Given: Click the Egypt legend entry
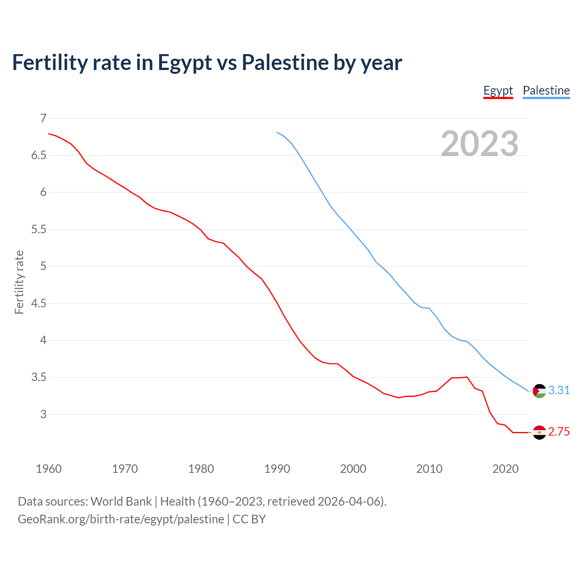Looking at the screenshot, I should [498, 90].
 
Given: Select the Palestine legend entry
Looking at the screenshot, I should [546, 90].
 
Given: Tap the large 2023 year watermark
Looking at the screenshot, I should [479, 144].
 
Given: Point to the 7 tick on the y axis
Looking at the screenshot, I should [43, 118].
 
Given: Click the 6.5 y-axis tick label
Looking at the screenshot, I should [39, 156].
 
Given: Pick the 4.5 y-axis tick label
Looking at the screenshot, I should [39, 303].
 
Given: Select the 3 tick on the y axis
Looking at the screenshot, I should [43, 414].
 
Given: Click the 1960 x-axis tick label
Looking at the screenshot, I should [49, 469].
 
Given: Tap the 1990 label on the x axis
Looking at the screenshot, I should [277, 469].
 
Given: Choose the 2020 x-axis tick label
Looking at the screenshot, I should [505, 469].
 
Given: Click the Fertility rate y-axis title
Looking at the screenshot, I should [19, 282].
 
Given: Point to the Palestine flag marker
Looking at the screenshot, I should [539, 391].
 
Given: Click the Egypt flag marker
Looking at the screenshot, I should [539, 432].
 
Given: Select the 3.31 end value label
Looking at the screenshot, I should [559, 391].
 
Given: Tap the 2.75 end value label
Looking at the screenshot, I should [559, 432].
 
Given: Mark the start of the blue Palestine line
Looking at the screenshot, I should [277, 132].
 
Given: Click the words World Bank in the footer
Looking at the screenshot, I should [121, 502].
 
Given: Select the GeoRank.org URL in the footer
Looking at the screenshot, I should [121, 519].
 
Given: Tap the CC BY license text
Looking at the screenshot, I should [249, 519].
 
